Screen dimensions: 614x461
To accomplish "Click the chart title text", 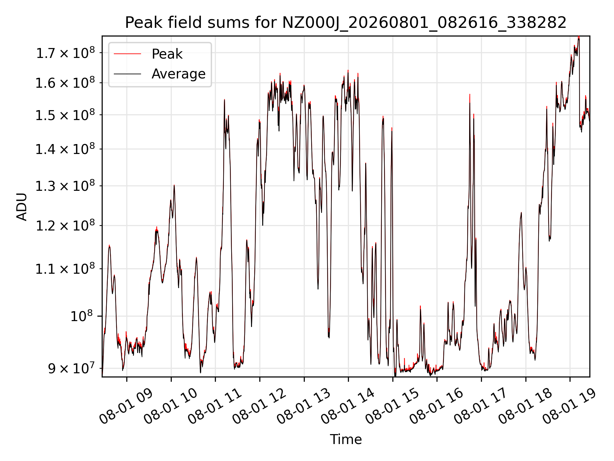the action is click(346, 23).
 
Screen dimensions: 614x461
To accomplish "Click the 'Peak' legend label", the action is click(167, 54).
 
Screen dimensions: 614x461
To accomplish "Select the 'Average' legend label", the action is click(178, 74).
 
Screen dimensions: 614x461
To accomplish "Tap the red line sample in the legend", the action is click(127, 54).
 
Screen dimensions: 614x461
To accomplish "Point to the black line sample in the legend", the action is click(127, 74).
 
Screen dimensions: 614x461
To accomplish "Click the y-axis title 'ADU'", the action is click(22, 206).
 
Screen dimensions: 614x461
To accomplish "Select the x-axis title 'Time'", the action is click(346, 440).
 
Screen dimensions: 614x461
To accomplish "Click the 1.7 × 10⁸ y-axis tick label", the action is click(65, 53).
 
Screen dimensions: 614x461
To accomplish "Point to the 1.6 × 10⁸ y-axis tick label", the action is click(65, 83).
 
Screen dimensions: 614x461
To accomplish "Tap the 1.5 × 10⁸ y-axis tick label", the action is click(65, 115).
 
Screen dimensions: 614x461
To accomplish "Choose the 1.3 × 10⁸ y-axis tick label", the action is click(65, 186).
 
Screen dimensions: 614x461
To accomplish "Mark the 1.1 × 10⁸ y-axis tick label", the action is click(65, 269).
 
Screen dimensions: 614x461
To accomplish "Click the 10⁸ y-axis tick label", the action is click(82, 316).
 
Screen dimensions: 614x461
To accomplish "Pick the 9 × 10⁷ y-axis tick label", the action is click(71, 368).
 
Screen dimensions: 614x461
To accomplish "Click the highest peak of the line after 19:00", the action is click(579, 37).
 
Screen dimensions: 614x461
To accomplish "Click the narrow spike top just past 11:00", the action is click(224, 100).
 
